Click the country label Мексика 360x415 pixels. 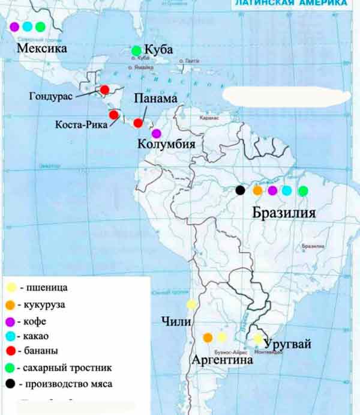tap(42, 48)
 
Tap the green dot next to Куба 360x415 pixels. tap(137, 50)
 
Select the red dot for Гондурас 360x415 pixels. tap(105, 90)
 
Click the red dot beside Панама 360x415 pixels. tap(138, 123)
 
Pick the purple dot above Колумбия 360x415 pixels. tap(157, 133)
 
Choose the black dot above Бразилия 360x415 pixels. tap(240, 190)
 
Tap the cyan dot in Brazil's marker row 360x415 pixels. tap(287, 190)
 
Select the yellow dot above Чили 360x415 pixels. tap(191, 304)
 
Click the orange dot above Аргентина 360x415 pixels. tap(208, 338)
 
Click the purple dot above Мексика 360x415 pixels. tap(14, 26)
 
